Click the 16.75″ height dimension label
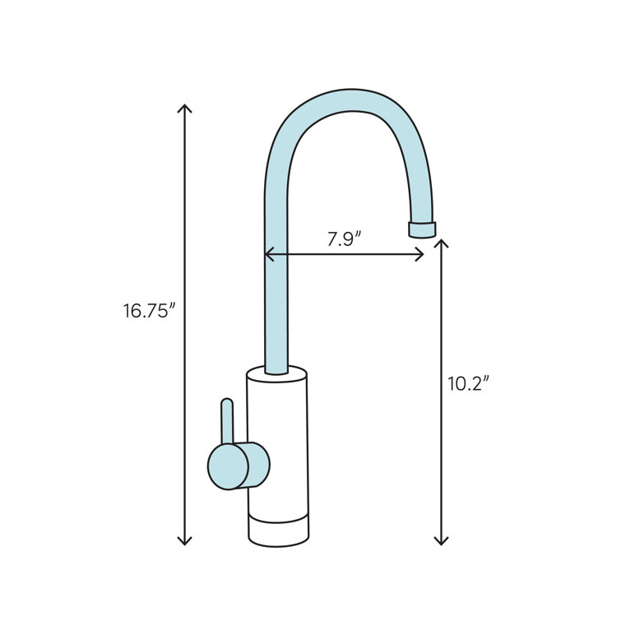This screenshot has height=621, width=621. pos(150,311)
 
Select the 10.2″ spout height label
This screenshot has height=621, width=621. pos(469,384)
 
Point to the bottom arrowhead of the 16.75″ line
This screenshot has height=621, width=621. pos(185,541)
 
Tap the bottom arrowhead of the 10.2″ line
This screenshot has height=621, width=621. pos(442,541)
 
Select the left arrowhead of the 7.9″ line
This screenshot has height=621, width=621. pos(268,255)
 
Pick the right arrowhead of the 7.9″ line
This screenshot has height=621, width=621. pos(420,255)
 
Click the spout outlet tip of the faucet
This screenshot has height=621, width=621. pos(423,229)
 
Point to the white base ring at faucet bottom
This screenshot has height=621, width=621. pos(278,533)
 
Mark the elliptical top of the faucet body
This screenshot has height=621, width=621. pos(277,375)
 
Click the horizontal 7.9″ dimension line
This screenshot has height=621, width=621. pos(345,255)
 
